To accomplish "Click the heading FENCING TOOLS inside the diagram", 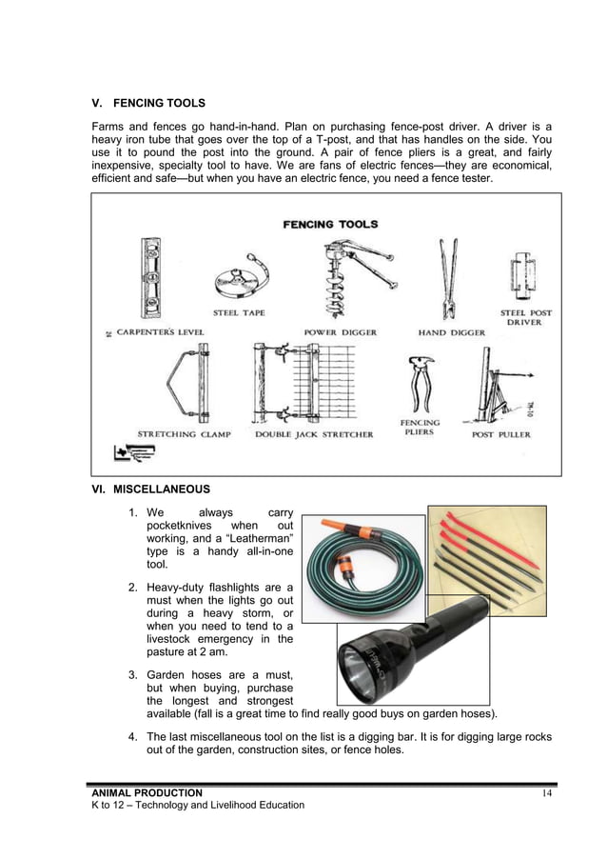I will tap(330, 225).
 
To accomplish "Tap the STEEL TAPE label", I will tap(239, 312).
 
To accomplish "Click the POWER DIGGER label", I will tap(340, 332).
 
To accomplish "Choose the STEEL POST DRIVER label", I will tap(526, 318).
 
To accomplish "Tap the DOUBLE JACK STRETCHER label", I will tap(314, 434).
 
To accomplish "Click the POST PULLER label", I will tap(501, 435).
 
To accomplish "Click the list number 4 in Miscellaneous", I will tap(132, 736).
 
